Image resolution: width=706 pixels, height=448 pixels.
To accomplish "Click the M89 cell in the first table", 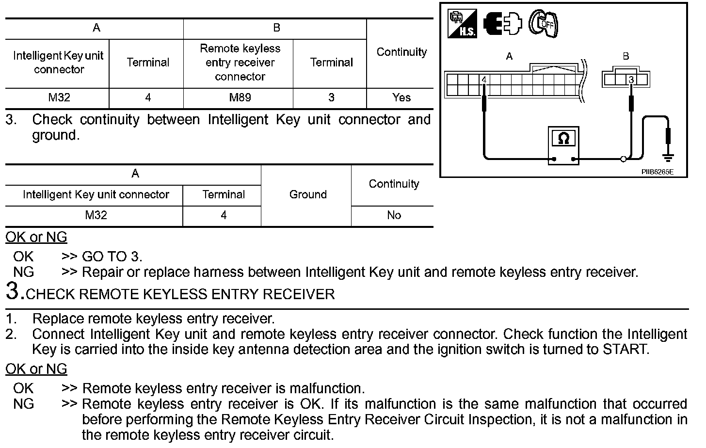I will [x=240, y=98].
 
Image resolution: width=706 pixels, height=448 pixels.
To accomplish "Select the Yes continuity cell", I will [x=401, y=97].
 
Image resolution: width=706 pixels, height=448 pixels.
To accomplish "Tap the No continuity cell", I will [x=393, y=215].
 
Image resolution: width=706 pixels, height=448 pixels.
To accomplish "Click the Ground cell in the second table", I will [x=307, y=195].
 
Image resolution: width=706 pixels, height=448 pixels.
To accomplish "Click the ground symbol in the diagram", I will [x=668, y=157].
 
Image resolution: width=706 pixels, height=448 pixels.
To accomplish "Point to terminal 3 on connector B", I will [x=631, y=80].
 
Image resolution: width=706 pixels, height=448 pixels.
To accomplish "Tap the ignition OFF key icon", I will [x=543, y=23].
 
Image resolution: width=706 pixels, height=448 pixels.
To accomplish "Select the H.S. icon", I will [x=462, y=24].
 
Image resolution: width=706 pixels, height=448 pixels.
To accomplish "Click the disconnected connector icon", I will [x=502, y=23].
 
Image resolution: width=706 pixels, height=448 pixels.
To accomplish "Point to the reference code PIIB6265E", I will [x=657, y=172].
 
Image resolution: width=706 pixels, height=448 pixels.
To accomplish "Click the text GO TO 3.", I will [x=112, y=256].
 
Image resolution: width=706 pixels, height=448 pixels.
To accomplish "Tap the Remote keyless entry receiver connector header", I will [x=240, y=63].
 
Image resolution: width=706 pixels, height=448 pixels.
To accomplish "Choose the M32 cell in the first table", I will [x=59, y=98].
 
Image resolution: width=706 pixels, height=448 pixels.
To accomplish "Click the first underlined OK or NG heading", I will [x=36, y=237].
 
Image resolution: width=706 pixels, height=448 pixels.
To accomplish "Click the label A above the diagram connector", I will [x=509, y=56].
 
